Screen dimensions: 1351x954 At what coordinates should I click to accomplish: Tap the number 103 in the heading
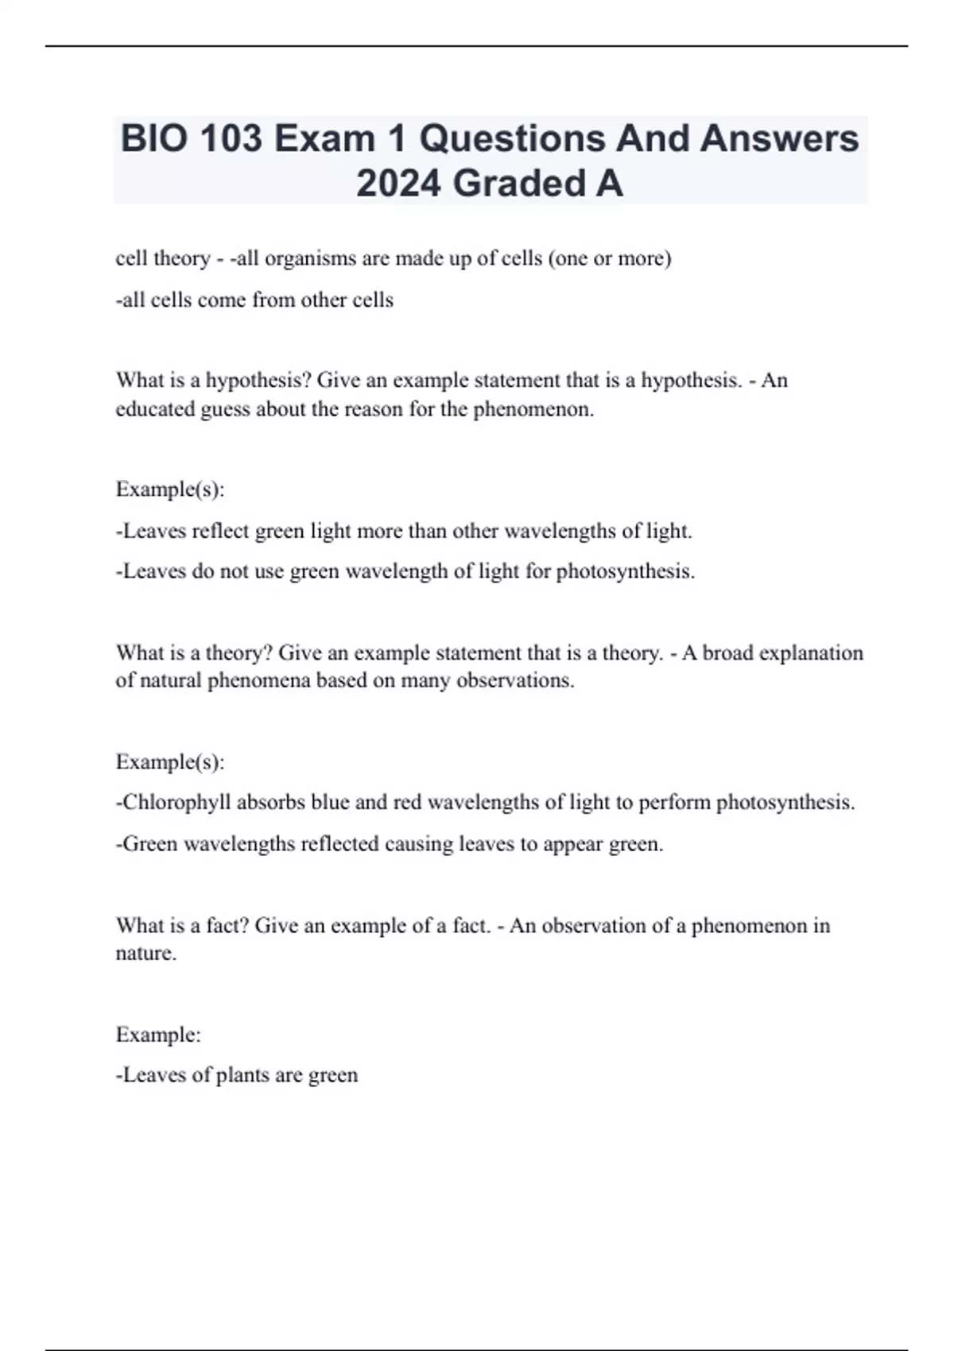231,139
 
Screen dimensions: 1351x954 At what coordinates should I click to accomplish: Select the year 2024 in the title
398,184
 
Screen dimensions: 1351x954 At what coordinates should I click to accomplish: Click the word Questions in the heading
512,139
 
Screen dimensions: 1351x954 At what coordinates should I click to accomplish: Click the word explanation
811,653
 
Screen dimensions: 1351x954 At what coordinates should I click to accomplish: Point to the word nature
144,954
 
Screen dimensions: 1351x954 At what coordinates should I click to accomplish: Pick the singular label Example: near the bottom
158,1035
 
